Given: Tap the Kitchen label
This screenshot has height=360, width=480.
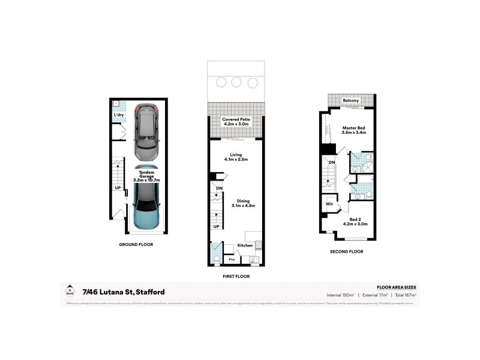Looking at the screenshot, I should click(x=244, y=246).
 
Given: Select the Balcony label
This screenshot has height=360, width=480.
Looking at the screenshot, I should click(x=351, y=100).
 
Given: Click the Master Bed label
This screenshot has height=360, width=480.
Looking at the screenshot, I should click(x=354, y=130).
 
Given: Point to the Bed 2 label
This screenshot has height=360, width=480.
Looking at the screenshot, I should click(x=355, y=221).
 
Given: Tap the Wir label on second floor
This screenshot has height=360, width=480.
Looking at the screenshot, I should click(x=329, y=204).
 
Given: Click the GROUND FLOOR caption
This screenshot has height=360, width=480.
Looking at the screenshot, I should click(x=136, y=244).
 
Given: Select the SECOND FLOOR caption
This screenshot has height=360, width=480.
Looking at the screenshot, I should click(x=347, y=252).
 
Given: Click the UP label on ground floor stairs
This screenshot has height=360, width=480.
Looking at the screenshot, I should click(x=118, y=187).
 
